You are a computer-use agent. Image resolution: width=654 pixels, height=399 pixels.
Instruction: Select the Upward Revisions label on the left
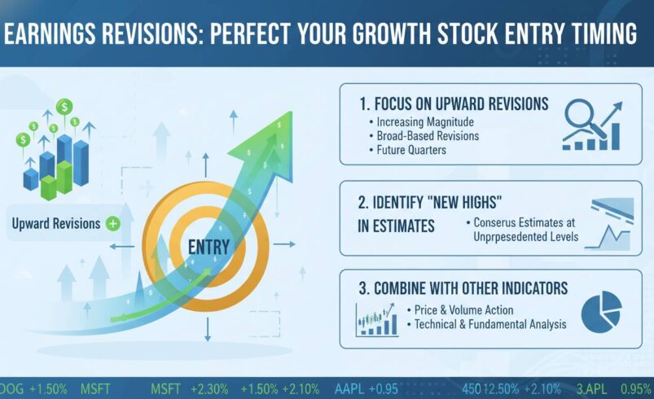[x=55, y=223]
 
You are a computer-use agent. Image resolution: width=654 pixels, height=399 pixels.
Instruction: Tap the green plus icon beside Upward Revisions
[x=112, y=223]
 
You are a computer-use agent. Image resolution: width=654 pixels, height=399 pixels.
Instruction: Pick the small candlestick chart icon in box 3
[x=376, y=319]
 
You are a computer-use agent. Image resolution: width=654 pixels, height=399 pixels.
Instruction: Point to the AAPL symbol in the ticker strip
[x=349, y=388]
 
